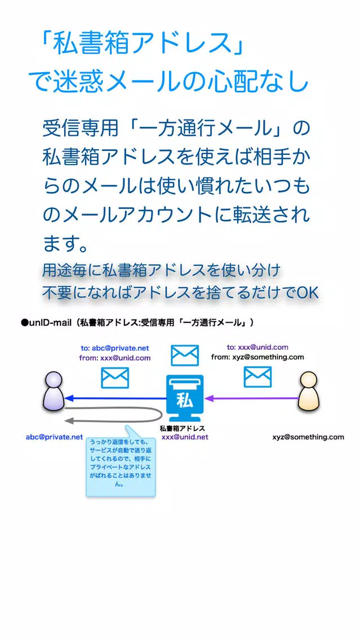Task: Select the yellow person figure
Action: click(309, 392)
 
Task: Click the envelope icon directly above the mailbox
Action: click(184, 355)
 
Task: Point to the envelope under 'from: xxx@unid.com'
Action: click(115, 377)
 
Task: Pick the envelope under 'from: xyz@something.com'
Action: click(257, 377)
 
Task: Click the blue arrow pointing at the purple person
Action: click(115, 398)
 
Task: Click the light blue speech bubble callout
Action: click(121, 465)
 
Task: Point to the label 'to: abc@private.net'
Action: click(115, 348)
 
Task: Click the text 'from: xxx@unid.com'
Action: click(115, 358)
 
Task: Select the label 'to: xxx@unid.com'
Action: click(257, 348)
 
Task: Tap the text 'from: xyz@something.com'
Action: click(257, 357)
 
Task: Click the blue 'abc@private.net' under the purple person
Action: click(54, 437)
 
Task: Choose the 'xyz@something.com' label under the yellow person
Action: click(308, 437)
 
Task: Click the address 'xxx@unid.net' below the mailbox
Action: click(185, 437)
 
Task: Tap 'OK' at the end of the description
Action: click(308, 292)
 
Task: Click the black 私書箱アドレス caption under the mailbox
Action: click(182, 429)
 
